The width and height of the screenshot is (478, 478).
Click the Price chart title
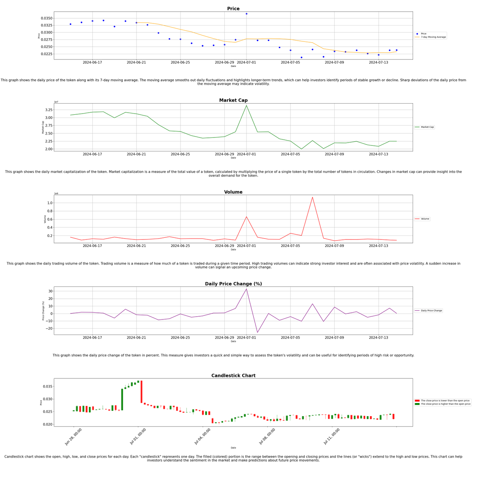pos(233,9)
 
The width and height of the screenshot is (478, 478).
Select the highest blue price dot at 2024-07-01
pos(246,14)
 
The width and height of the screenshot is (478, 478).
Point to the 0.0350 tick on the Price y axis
pos(46,18)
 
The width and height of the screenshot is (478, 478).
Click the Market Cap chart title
pos(233,100)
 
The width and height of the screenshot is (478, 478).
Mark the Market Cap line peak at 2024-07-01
pos(246,106)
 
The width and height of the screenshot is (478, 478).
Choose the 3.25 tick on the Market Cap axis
pos(48,110)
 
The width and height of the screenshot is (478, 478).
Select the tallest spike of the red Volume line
pos(312,197)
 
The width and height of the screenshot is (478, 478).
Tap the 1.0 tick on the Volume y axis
pos(50,203)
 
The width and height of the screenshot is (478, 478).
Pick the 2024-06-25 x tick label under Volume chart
pos(180,246)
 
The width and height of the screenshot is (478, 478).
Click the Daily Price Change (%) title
pos(233,284)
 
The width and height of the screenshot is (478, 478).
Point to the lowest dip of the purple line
pos(257,332)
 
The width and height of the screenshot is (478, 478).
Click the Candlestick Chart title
pos(233,376)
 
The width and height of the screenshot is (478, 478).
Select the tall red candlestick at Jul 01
pos(141,392)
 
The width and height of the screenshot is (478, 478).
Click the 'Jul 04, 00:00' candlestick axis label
pos(202,437)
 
